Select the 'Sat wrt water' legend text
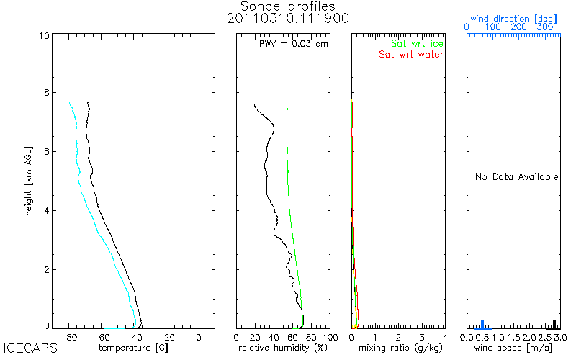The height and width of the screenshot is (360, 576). [411, 55]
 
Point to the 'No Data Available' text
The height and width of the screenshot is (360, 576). [517, 177]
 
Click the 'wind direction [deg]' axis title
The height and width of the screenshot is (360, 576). [512, 16]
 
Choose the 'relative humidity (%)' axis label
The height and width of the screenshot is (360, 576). [284, 348]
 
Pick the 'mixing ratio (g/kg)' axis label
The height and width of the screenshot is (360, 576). [400, 348]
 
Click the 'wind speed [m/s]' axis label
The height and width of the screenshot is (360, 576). [514, 348]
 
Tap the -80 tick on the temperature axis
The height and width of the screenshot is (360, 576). [68, 336]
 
